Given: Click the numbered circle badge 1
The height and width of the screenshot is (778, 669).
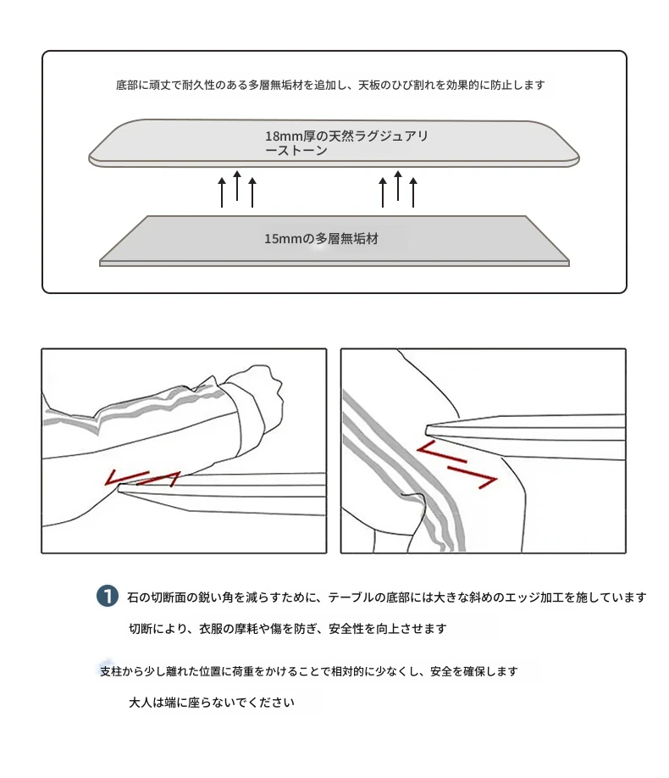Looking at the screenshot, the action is pos(107,596).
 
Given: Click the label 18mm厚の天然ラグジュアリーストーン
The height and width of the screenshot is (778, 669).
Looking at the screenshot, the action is pos(346,143).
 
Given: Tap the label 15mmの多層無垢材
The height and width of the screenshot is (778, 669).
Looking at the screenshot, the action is pos(321,239).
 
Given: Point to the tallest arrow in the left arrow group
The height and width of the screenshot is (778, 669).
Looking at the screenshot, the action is pos(237,186).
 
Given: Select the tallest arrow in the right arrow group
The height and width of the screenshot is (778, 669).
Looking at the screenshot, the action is pos(398,186).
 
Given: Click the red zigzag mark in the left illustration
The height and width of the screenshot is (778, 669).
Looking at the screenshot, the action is pos(143,478).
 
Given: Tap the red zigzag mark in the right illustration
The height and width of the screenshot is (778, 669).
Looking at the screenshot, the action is pos(456,464).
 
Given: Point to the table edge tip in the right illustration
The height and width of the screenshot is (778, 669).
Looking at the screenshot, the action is pos(427,430).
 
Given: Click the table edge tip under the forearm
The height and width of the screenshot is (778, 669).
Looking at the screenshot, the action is pos(119,489).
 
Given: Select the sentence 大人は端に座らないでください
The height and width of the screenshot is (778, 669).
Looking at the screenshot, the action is pos(212,703).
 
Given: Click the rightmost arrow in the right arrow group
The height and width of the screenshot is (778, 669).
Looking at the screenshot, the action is pos(413,192).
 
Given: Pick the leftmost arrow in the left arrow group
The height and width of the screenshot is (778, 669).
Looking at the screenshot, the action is pos(222,192).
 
